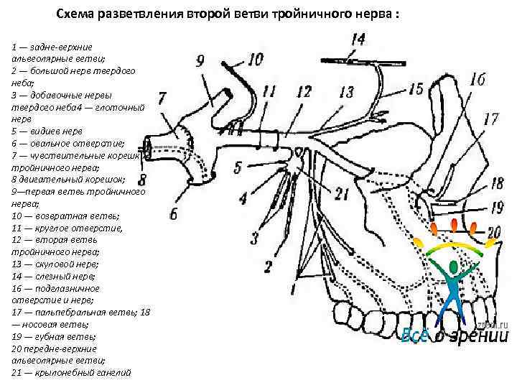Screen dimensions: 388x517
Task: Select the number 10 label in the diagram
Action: click(255, 59)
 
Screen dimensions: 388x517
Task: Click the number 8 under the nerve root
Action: click(142, 178)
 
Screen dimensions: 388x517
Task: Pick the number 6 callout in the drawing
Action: click(172, 213)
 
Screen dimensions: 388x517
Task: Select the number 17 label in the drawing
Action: click(491, 119)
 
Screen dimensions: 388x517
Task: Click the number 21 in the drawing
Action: click(342, 193)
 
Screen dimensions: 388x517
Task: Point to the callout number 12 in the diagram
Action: click(303, 91)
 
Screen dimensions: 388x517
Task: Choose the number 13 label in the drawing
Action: click(347, 92)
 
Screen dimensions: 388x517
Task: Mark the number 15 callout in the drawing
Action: click(416, 88)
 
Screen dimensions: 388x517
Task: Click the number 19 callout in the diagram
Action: click(496, 208)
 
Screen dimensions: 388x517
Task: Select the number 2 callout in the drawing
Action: click(267, 267)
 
